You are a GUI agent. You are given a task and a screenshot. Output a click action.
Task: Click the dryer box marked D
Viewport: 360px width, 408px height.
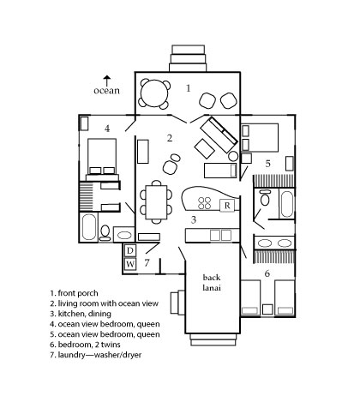[130, 251]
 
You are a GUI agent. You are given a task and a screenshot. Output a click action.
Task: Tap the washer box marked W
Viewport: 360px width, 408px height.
[130, 264]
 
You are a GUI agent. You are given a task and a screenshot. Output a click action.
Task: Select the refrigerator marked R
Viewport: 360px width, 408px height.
[227, 206]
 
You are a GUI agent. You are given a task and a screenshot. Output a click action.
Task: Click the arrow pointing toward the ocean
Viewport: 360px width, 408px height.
[107, 81]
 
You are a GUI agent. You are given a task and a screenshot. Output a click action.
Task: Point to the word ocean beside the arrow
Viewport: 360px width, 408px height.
[106, 91]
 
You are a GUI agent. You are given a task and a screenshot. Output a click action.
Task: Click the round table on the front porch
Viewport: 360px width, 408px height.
[154, 93]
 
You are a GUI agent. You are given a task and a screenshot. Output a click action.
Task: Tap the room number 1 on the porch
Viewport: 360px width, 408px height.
[188, 88]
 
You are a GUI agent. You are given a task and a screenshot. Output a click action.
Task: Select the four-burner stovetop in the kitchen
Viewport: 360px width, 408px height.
[205, 203]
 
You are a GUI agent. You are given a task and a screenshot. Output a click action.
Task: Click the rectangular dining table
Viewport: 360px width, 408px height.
[156, 202]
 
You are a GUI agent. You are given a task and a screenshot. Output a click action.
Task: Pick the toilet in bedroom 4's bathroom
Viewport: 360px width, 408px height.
[105, 232]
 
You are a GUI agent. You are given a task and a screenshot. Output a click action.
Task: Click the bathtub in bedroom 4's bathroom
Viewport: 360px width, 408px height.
[89, 227]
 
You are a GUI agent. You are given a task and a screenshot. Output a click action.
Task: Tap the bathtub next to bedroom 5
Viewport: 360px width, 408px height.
[286, 204]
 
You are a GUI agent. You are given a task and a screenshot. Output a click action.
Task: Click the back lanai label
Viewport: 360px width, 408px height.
[212, 282]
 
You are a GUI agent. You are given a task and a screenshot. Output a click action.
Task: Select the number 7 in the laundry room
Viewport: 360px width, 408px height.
[147, 262]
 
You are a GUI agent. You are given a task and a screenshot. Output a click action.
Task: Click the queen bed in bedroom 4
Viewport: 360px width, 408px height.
[102, 157]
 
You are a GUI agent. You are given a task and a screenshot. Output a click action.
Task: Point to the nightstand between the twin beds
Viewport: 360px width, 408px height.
[267, 309]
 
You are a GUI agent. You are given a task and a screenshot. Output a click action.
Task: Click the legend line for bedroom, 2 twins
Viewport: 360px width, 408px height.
[85, 345]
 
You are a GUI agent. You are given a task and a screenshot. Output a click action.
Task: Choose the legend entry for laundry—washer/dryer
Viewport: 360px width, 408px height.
[96, 355]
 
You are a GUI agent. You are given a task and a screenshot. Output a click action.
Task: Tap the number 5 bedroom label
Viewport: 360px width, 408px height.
[267, 164]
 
